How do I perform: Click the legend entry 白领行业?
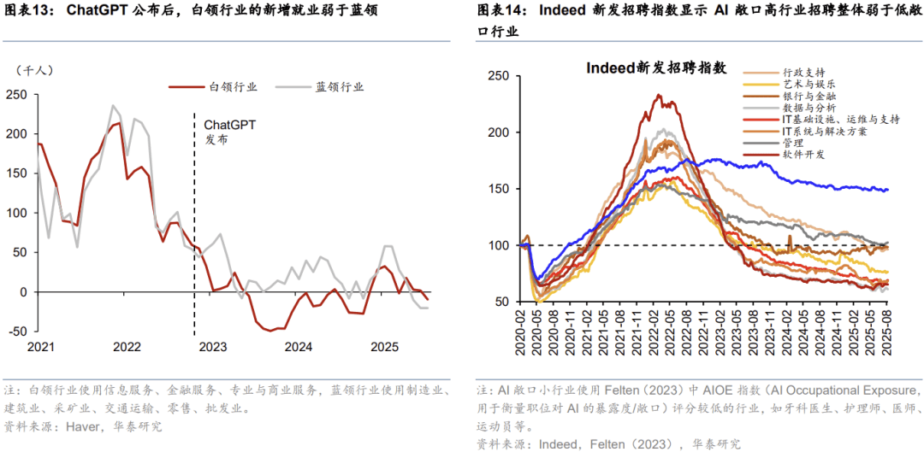[233, 86]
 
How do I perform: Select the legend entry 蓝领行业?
[339, 86]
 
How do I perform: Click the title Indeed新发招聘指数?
[656, 68]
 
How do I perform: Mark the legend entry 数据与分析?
[808, 109]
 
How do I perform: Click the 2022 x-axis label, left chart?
[127, 347]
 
